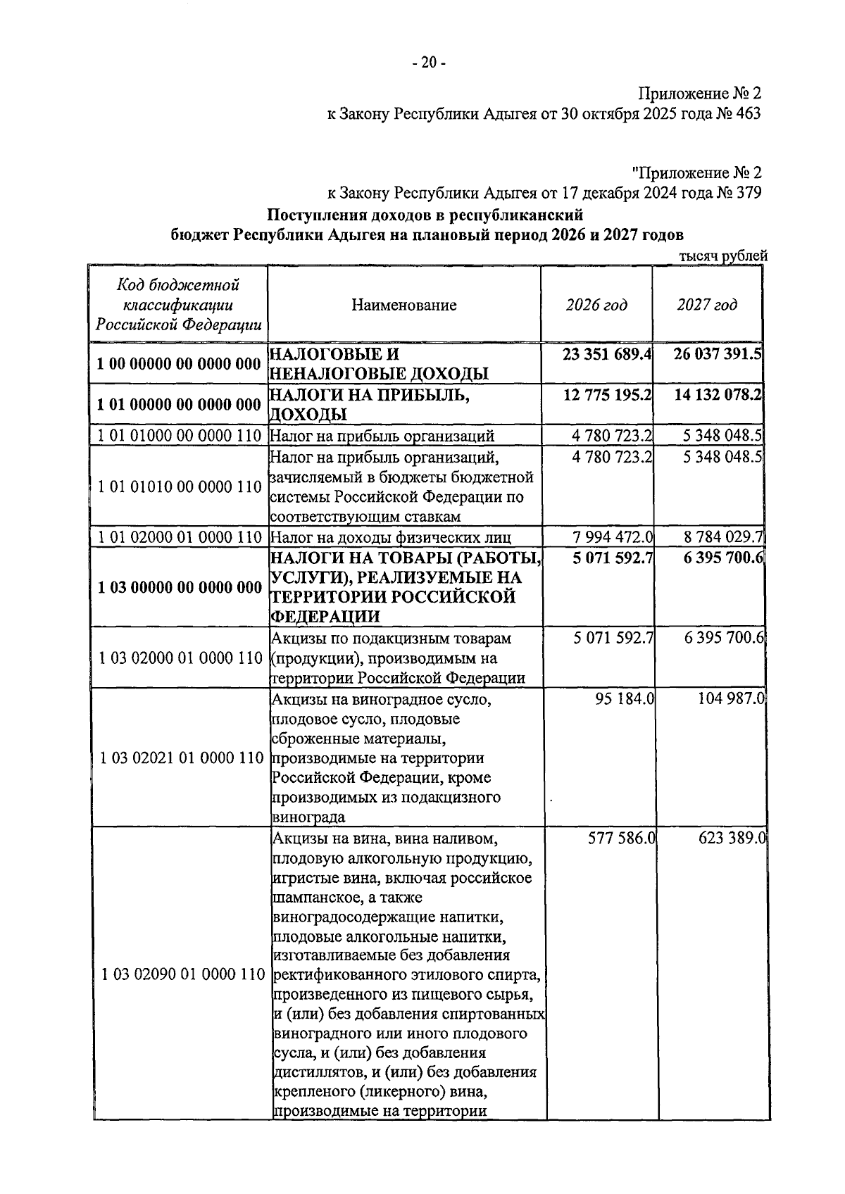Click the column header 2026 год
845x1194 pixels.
coord(596,305)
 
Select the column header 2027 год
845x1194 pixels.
coord(707,305)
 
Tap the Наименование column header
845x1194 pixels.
coord(404,305)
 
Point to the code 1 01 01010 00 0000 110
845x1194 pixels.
coord(180,486)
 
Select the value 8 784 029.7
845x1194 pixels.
coord(722,538)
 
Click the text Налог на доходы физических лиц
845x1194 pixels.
coord(390,538)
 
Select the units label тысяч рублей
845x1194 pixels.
coord(722,257)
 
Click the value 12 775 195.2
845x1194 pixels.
coord(607,395)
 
